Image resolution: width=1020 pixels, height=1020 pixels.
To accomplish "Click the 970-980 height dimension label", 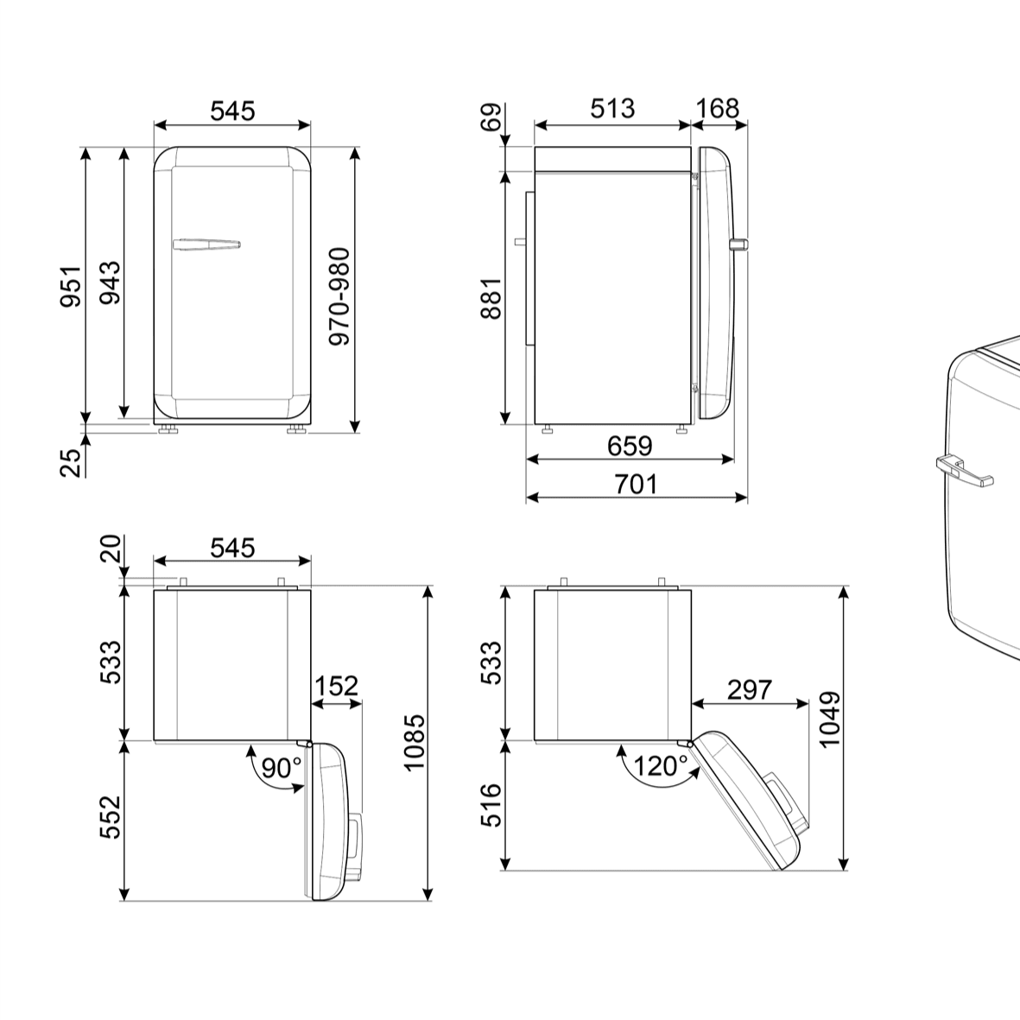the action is [339, 296].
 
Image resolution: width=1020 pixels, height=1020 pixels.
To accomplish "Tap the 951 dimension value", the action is [71, 286].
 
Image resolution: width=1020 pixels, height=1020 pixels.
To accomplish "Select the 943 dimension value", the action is [110, 282].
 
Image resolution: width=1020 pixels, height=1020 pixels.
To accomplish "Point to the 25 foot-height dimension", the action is [72, 463].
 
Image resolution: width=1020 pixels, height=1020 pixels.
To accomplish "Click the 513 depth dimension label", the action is [613, 109].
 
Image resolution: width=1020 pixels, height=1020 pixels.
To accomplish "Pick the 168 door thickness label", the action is [718, 109].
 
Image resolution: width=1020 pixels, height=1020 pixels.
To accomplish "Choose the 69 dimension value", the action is [492, 117].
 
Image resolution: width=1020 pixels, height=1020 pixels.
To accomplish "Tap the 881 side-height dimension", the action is [491, 298].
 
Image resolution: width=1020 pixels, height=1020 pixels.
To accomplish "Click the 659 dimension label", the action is [630, 447].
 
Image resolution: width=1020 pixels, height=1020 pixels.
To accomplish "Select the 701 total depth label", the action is [637, 485].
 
